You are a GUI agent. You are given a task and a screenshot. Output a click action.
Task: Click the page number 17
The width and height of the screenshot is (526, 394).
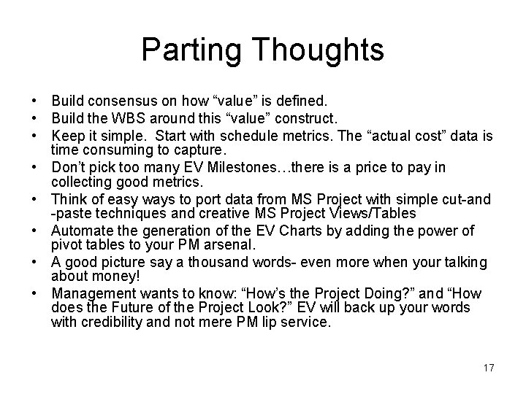tap(488, 368)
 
